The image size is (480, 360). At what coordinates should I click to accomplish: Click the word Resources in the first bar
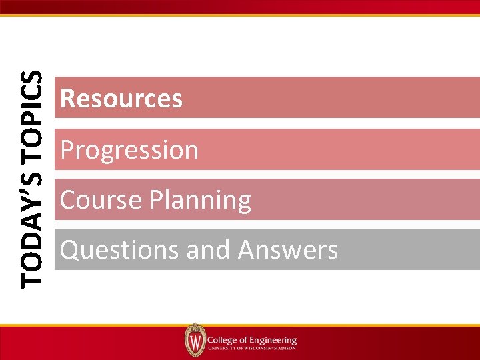[121, 99]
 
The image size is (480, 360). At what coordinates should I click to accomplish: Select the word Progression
[129, 150]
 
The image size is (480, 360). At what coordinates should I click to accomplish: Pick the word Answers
[288, 251]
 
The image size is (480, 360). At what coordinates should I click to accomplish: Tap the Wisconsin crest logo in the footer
[195, 340]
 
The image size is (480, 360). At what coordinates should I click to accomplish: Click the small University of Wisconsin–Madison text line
[252, 348]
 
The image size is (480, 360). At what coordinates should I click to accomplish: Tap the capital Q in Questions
[69, 251]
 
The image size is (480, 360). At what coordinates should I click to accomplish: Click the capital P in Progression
[67, 150]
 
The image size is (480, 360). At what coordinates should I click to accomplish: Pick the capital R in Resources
[67, 99]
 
